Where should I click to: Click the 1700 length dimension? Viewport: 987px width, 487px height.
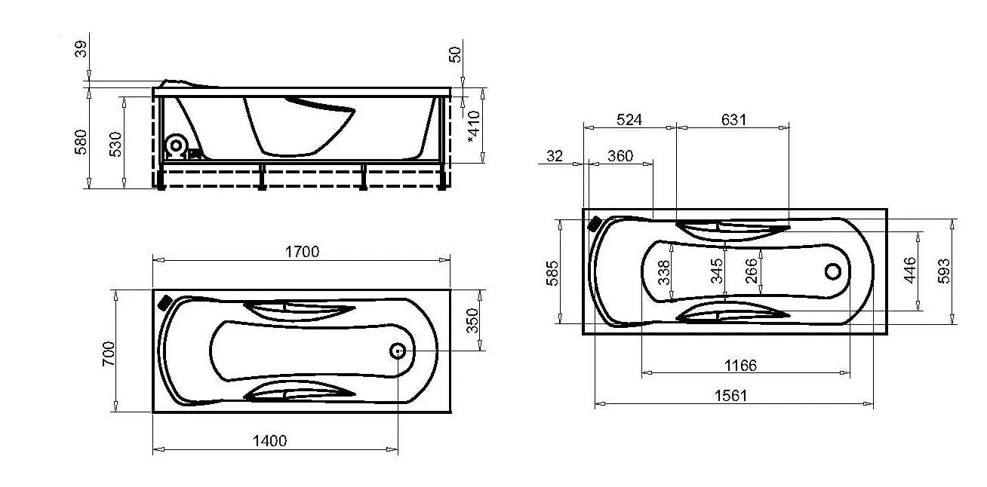[302, 252]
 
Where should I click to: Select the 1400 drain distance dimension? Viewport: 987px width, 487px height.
[269, 440]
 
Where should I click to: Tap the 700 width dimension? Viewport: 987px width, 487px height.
[109, 354]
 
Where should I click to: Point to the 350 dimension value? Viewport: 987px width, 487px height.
[472, 320]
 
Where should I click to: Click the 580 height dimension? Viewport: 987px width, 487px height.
[81, 142]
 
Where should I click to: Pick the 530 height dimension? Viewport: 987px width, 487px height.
[115, 144]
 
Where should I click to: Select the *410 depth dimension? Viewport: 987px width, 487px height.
[473, 127]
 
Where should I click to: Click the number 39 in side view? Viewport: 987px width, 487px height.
[81, 49]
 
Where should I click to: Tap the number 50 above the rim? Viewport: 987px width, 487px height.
[455, 54]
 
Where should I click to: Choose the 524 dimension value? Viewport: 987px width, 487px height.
[629, 119]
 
